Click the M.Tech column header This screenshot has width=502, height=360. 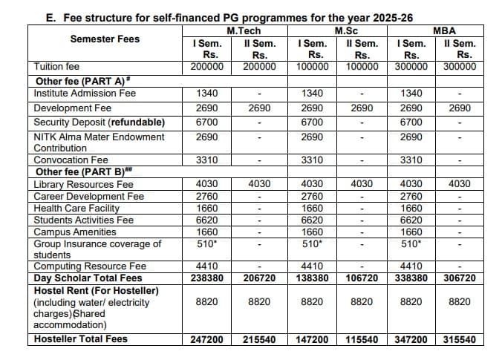(243, 31)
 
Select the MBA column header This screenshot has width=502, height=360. (444, 31)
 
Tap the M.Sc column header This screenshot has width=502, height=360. (344, 31)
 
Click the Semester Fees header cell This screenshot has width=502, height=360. (105, 39)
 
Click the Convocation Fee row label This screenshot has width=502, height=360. (71, 160)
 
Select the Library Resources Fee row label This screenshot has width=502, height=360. (83, 184)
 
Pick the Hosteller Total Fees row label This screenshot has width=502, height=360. (81, 339)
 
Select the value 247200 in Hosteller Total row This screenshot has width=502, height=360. (206, 339)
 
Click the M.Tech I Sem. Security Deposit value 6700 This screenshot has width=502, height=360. (206, 122)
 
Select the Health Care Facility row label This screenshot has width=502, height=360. (76, 209)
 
